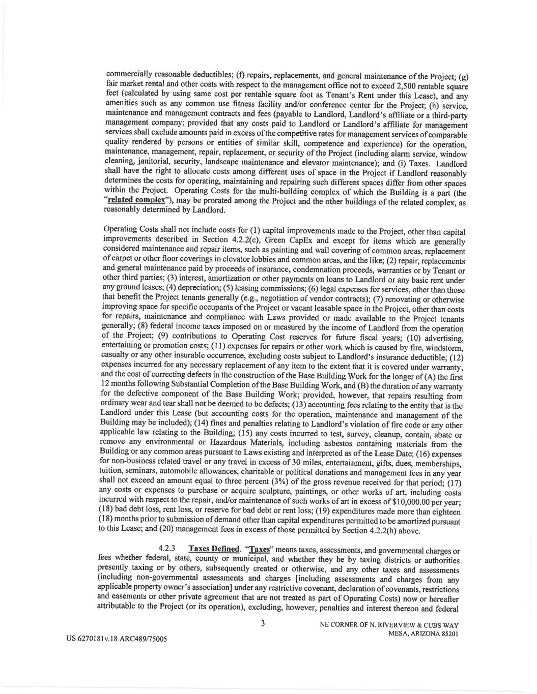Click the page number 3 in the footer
263,623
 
